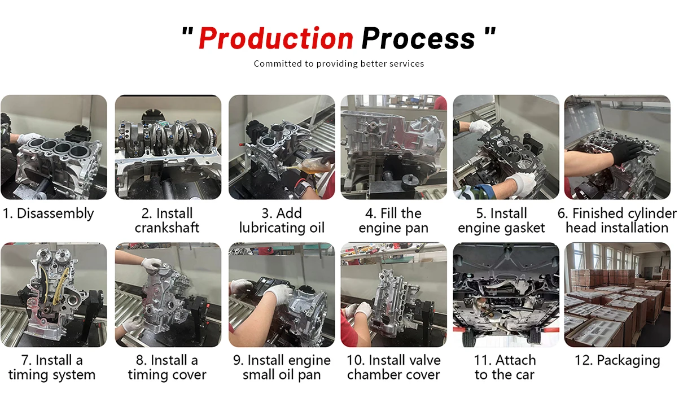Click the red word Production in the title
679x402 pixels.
click(x=275, y=38)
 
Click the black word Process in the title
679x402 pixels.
click(x=418, y=38)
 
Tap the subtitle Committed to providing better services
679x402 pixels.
click(x=339, y=64)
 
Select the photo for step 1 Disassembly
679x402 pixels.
click(x=54, y=147)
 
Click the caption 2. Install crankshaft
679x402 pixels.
click(x=167, y=221)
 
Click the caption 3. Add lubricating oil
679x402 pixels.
click(x=282, y=221)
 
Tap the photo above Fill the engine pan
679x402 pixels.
click(x=393, y=147)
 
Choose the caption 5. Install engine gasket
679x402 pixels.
click(x=501, y=221)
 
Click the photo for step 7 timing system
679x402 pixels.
click(x=54, y=295)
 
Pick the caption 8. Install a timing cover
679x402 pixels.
click(x=167, y=368)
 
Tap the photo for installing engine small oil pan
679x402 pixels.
click(x=282, y=295)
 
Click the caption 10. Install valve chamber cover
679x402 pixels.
click(x=393, y=368)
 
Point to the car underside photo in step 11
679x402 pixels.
click(x=506, y=295)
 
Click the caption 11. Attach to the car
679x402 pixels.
click(x=505, y=368)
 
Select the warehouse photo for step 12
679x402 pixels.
click(x=617, y=295)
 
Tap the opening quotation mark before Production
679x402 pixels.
click(x=187, y=33)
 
